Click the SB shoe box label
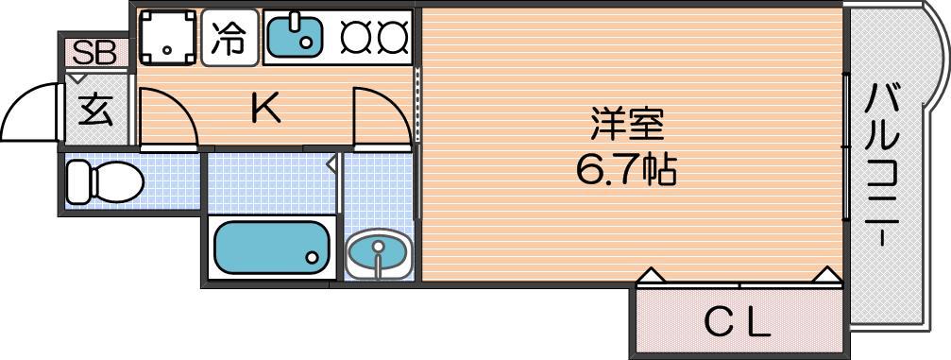94,53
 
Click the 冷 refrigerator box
229,38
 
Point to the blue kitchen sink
295,37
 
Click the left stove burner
353,37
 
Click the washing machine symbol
167,38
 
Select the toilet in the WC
104,180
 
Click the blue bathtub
271,248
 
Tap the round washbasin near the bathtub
379,254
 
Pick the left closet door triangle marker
651,276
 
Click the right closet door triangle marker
826,276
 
